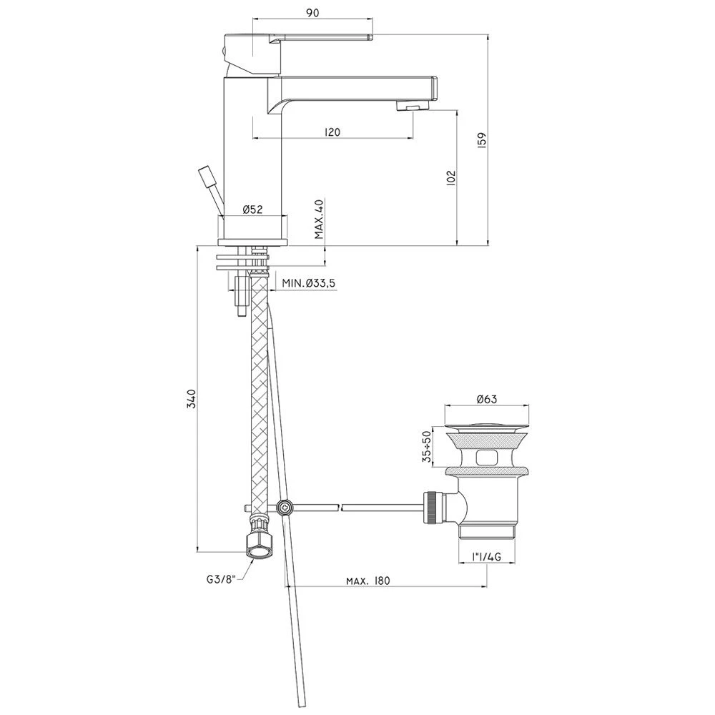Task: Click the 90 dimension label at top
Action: (x=312, y=12)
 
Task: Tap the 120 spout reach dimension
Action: (x=332, y=132)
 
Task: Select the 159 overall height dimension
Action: (x=483, y=140)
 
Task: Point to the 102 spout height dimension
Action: (x=450, y=178)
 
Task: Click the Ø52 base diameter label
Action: (x=252, y=209)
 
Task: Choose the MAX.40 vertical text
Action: (x=319, y=219)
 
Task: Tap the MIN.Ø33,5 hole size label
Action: (x=309, y=283)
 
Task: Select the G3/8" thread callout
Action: (x=220, y=580)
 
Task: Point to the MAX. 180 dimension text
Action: (x=368, y=581)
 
